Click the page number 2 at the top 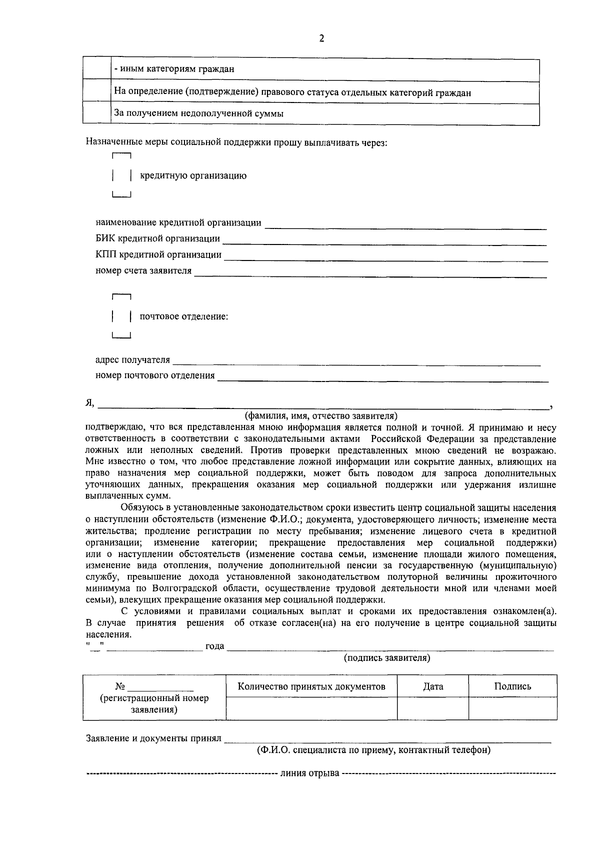click(x=321, y=38)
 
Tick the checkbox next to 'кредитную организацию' click(x=122, y=176)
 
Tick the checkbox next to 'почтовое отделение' click(x=122, y=317)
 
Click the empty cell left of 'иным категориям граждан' click(x=96, y=69)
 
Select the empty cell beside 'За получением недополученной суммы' click(x=96, y=113)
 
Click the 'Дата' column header click(x=433, y=686)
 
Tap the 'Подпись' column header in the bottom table click(x=512, y=686)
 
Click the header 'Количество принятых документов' click(x=311, y=686)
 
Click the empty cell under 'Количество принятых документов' click(x=311, y=708)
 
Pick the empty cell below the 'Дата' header click(x=433, y=708)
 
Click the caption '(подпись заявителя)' click(x=387, y=658)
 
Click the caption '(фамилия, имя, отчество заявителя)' click(x=321, y=416)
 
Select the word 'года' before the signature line click(x=214, y=646)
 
